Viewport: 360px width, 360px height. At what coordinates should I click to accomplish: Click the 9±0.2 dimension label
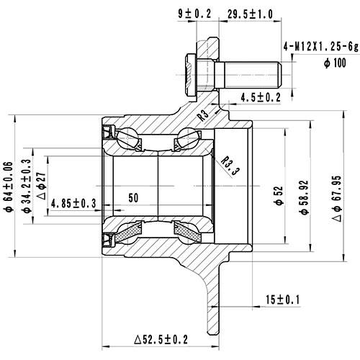pos(190,12)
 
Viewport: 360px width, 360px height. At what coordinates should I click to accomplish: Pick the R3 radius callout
pos(205,114)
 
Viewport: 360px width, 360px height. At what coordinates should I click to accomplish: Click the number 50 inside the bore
pos(133,197)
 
